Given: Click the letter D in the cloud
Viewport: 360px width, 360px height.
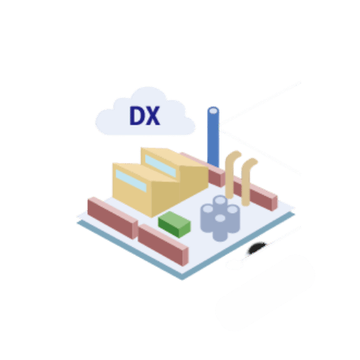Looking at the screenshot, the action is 137,116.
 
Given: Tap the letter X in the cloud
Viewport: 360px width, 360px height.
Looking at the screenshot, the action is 153,116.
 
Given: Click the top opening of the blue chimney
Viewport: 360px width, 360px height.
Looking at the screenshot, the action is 213,111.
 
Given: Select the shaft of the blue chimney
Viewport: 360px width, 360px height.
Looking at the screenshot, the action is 213,139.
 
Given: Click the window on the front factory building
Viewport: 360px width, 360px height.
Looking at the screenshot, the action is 131,181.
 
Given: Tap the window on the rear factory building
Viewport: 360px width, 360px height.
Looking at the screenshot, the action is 161,166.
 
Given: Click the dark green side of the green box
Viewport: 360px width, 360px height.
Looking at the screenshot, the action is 168,228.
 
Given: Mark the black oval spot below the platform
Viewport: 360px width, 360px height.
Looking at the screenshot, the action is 257,248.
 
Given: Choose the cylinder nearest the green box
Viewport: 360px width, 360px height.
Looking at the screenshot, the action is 207,218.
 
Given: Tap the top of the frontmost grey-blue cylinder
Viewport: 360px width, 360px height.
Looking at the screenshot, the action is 220,218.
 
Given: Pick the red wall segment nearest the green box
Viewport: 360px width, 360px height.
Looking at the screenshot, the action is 163,245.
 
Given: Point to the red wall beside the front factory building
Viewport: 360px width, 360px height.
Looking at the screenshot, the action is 112,218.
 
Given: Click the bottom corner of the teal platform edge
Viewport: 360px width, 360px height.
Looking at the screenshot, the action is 182,280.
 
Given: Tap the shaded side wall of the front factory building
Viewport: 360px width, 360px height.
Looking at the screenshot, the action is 166,197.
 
